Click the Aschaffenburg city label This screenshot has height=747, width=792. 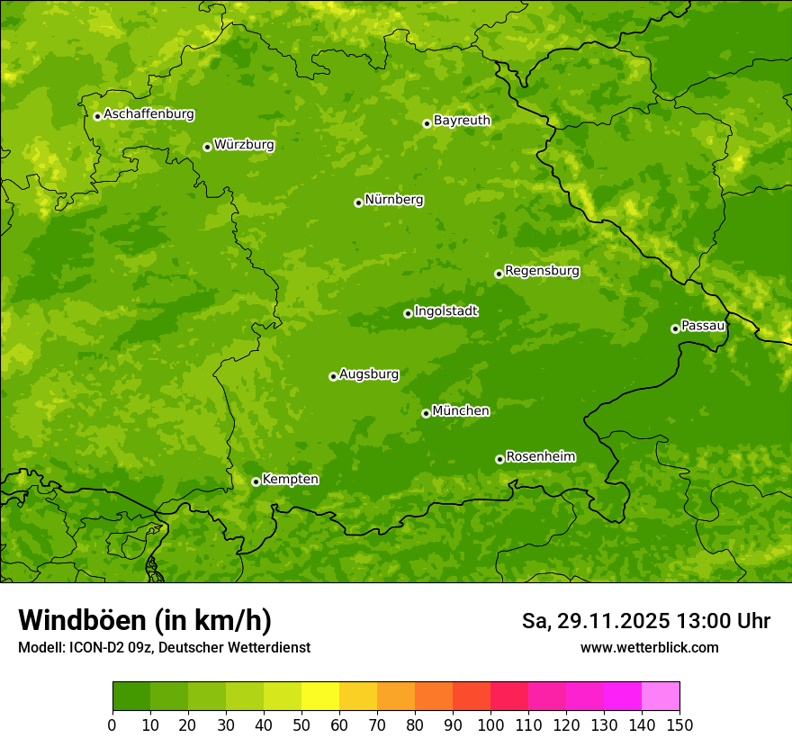pyautogui.click(x=148, y=114)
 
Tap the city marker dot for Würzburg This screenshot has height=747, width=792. pyautogui.click(x=207, y=147)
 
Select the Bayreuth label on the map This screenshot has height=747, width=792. pyautogui.click(x=462, y=120)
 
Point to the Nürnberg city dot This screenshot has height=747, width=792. pyautogui.click(x=358, y=202)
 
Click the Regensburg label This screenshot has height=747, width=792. pyautogui.click(x=542, y=270)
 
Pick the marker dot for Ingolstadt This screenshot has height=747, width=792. pyautogui.click(x=408, y=313)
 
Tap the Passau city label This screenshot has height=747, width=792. pyautogui.click(x=703, y=325)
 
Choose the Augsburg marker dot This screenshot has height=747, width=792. pyautogui.click(x=333, y=376)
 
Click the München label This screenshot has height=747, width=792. pyautogui.click(x=461, y=410)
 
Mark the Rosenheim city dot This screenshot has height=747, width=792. pyautogui.click(x=499, y=459)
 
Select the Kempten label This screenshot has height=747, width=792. pyautogui.click(x=290, y=479)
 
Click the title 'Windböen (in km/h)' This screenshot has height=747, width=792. pyautogui.click(x=145, y=620)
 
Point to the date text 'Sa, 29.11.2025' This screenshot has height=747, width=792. pyautogui.click(x=596, y=621)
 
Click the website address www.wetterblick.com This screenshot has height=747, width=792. pyautogui.click(x=649, y=647)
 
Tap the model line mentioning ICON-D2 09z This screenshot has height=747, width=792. pyautogui.click(x=164, y=647)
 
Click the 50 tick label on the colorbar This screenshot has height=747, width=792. pyautogui.click(x=301, y=724)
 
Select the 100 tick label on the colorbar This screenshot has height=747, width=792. pyautogui.click(x=490, y=724)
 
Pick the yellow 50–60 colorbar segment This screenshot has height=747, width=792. pyautogui.click(x=320, y=697)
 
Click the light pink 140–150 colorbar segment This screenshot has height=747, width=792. pyautogui.click(x=661, y=697)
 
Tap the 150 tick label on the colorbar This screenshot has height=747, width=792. pyautogui.click(x=679, y=724)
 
